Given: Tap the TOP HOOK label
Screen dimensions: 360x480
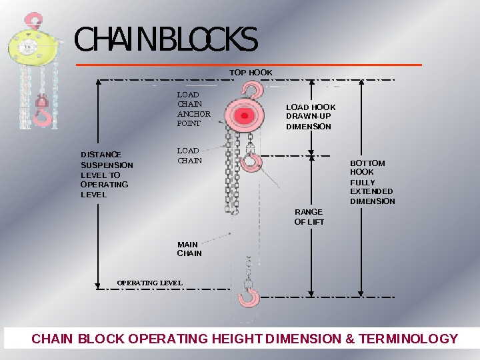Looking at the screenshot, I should [251, 72].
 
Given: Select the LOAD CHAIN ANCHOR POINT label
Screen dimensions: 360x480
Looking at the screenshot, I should [193, 109].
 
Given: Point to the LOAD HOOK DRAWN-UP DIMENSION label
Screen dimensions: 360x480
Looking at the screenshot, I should [311, 117].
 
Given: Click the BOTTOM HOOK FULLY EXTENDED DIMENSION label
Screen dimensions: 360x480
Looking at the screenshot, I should [372, 182].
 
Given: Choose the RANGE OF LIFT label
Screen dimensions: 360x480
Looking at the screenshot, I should [309, 217].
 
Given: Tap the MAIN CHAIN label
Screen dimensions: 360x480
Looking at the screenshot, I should [189, 249].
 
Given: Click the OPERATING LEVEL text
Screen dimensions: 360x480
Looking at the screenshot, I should [149, 283].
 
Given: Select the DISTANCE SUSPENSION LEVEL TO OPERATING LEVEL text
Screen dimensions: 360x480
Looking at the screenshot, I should [107, 175].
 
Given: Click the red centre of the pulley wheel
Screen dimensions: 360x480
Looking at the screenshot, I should [245, 116].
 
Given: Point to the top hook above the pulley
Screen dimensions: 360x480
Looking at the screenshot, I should [252, 89].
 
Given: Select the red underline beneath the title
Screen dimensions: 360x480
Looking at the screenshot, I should [249, 65].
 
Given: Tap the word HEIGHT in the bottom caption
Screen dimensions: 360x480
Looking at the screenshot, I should [237, 339].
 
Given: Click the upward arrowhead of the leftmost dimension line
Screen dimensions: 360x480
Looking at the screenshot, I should [99, 83].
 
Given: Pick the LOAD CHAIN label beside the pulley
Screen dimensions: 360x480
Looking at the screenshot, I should [189, 155].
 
